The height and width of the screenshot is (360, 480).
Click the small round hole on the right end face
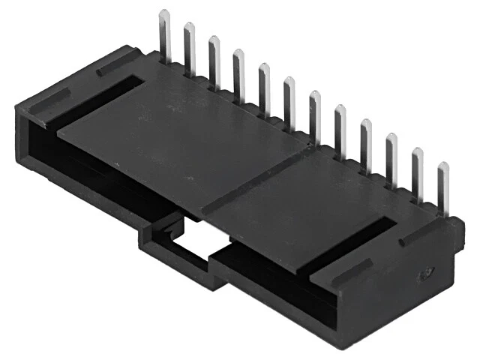[428, 274]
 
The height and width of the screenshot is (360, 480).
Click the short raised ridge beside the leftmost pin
[117, 64]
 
